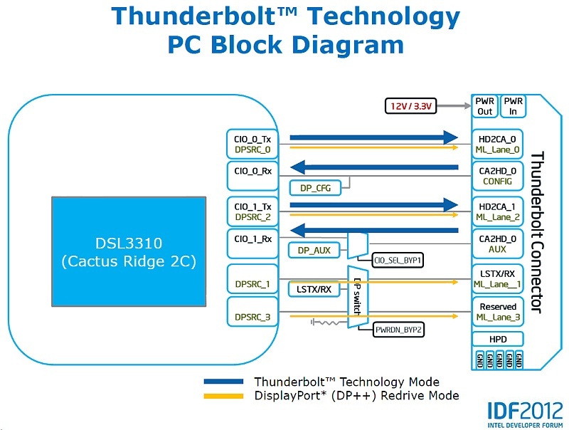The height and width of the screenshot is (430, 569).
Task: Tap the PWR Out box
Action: click(484, 106)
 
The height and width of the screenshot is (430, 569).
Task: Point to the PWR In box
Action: click(512, 106)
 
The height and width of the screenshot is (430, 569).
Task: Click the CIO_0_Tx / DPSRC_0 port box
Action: click(252, 144)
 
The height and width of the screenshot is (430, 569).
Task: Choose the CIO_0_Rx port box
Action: click(252, 171)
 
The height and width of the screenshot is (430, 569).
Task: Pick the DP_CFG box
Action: click(315, 187)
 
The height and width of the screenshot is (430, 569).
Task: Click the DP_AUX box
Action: click(315, 250)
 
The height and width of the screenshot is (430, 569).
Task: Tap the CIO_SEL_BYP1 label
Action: click(398, 261)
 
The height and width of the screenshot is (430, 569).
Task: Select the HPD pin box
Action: click(497, 339)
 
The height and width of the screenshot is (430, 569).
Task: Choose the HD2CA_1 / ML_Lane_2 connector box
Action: click(498, 211)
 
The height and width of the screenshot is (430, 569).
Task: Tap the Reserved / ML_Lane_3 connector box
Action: click(498, 312)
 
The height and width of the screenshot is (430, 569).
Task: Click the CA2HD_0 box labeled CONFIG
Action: click(498, 176)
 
